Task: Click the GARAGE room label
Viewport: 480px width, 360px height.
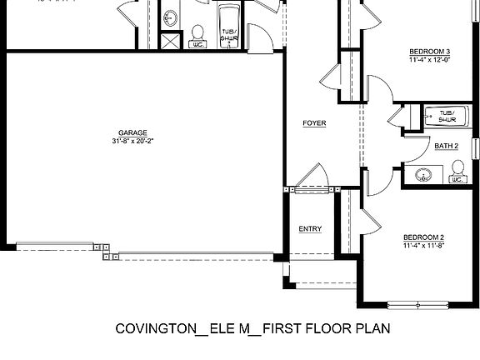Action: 133,132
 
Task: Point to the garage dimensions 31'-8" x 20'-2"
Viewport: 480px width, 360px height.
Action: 133,141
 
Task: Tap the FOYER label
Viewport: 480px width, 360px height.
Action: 314,123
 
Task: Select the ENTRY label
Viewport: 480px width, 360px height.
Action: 310,229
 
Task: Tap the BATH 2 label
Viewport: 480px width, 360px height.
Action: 447,146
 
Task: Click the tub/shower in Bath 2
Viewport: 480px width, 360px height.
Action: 447,116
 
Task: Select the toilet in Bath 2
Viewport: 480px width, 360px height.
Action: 457,173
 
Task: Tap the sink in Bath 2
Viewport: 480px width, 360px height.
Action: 423,174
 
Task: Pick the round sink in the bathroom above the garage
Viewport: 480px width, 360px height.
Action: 171,17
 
